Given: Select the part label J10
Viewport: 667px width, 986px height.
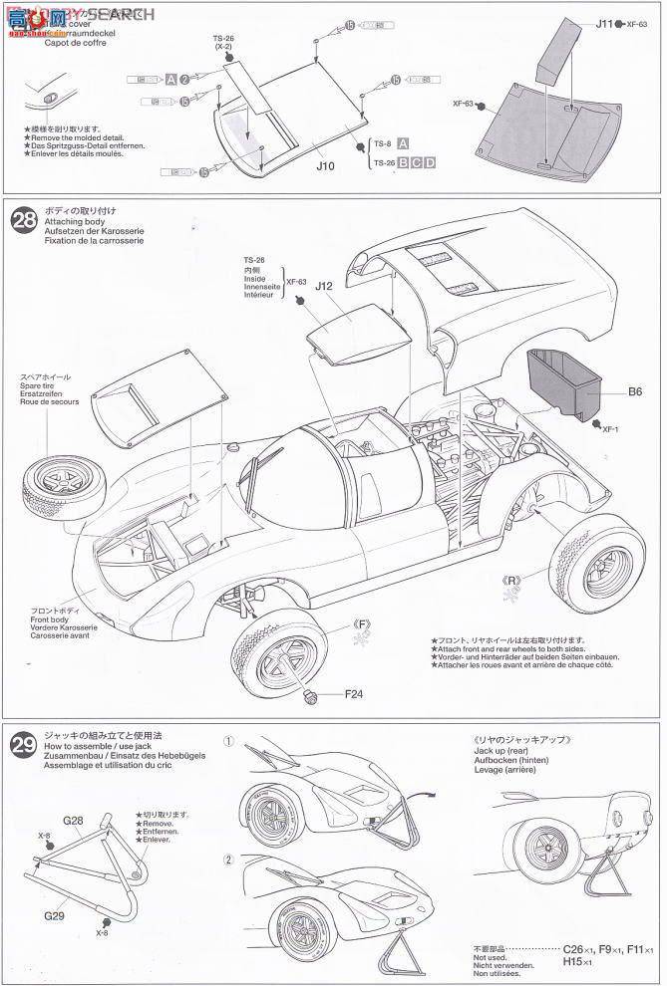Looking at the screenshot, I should click(x=325, y=165).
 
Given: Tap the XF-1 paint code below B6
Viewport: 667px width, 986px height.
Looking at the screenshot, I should click(x=614, y=428).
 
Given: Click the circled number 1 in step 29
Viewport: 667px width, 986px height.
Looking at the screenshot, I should click(x=228, y=742).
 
